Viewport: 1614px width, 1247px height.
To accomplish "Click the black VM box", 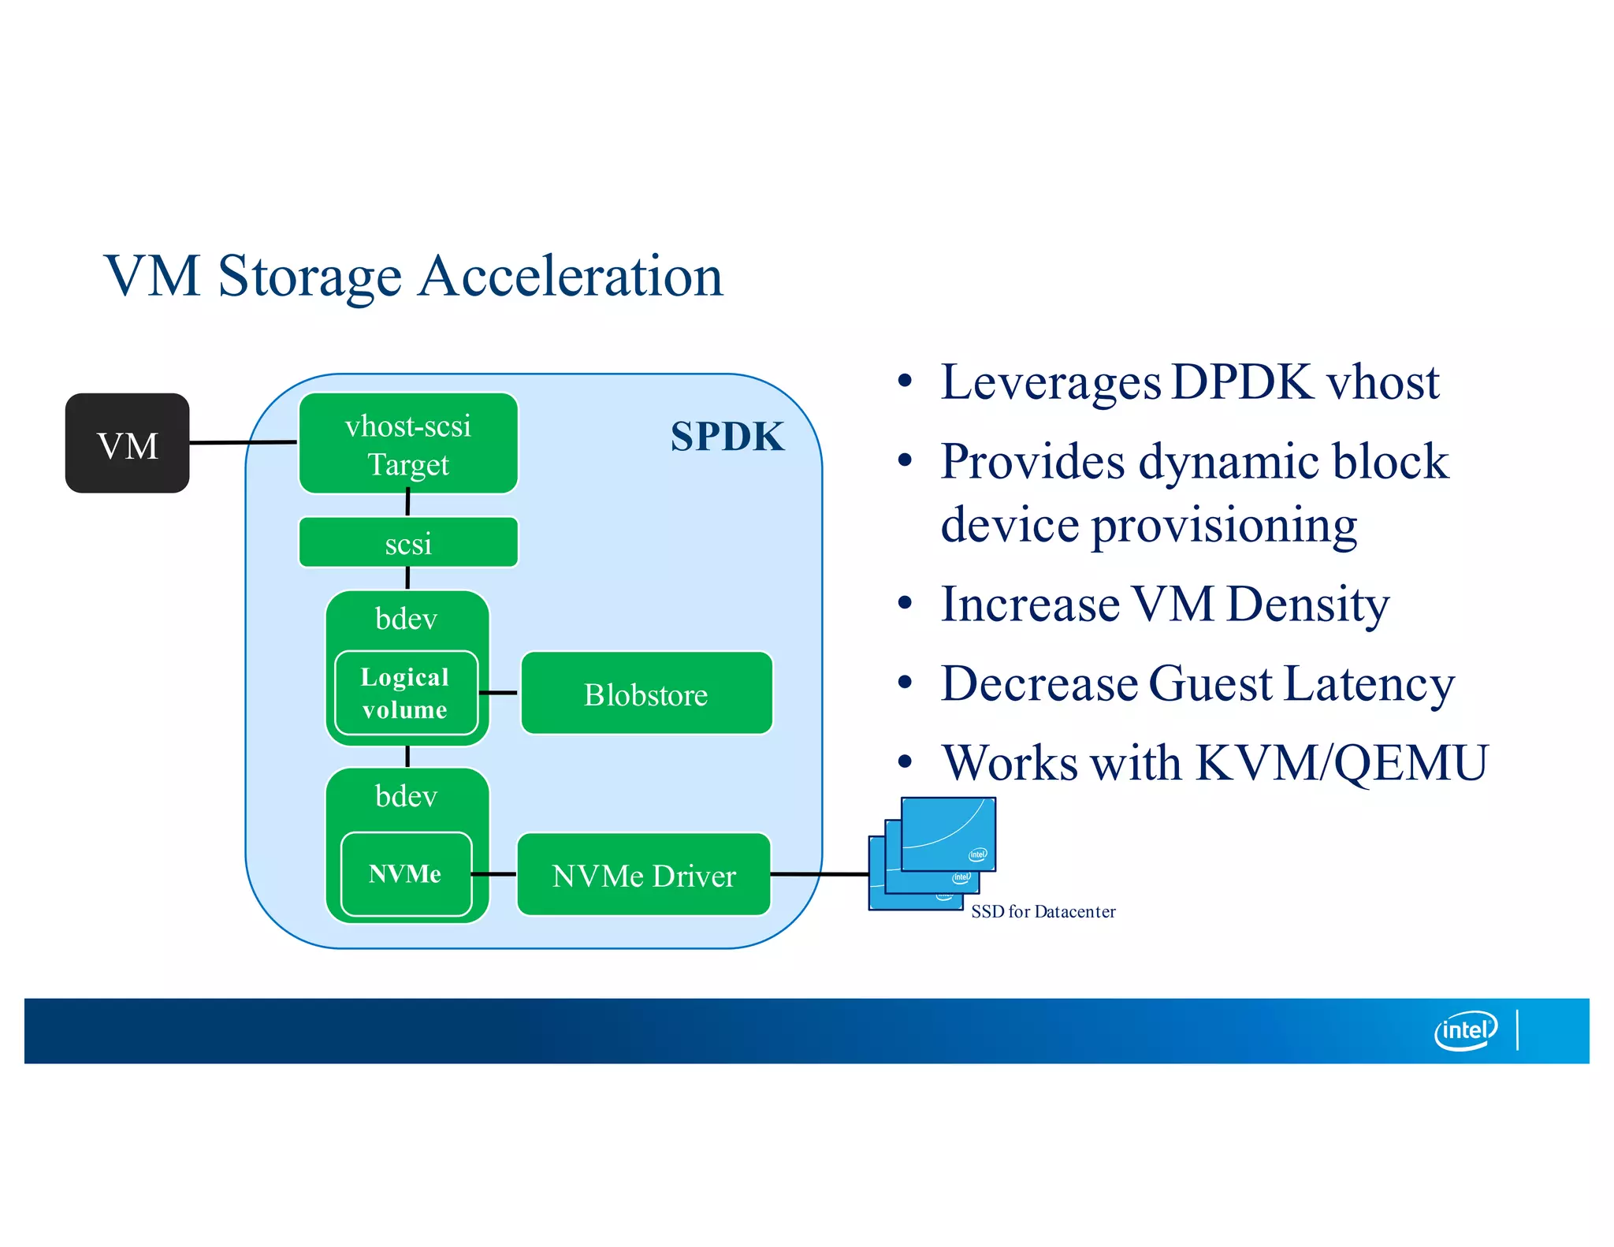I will [127, 444].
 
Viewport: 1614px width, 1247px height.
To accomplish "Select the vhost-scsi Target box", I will [408, 444].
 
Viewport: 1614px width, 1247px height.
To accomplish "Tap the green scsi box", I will [408, 543].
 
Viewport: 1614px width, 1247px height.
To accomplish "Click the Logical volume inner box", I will [406, 693].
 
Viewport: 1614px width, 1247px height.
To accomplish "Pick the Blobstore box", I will [646, 694].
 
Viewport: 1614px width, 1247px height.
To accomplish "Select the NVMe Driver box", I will [644, 875].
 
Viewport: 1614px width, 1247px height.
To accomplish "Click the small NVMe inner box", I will [406, 873].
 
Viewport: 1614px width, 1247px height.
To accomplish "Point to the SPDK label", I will [727, 436].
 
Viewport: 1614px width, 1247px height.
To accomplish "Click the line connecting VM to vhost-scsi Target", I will [243, 443].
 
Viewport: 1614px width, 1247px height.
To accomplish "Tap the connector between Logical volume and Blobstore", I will [498, 693].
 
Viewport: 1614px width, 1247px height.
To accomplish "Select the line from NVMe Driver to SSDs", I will [820, 874].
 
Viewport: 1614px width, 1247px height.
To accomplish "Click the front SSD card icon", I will [948, 834].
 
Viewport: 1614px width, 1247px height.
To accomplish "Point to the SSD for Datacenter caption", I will [1043, 912].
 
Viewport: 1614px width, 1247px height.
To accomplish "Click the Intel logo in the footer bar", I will [1464, 1030].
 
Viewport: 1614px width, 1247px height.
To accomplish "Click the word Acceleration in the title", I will [570, 277].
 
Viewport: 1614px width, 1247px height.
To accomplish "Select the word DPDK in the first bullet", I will [1242, 382].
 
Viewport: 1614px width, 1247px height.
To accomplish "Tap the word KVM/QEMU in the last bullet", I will [1341, 763].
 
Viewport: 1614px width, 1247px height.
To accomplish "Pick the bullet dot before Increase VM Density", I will [905, 604].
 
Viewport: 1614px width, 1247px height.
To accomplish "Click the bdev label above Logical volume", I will [406, 619].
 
